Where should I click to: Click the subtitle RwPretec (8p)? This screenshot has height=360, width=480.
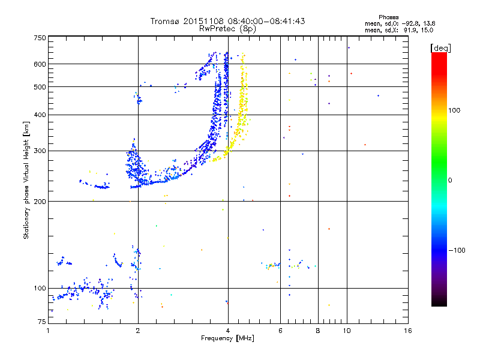227,29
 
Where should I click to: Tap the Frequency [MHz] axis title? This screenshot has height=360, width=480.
227,338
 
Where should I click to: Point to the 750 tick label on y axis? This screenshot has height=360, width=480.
40,38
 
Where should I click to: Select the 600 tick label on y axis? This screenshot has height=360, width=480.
40,64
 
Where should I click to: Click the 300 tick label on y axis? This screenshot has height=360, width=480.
40,151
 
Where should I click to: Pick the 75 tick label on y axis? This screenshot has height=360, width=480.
42,322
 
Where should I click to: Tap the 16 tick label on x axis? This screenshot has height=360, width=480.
408,331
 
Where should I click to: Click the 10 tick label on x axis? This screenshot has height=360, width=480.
347,331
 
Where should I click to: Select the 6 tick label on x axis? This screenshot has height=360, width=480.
280,331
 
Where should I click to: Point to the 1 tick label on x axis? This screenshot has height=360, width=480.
49,331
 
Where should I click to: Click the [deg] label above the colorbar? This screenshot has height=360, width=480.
440,48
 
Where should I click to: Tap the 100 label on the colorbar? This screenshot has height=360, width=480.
454,110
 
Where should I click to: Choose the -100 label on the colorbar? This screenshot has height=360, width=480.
457,250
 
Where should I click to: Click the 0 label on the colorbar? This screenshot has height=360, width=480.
450,181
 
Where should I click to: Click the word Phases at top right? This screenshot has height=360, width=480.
388,17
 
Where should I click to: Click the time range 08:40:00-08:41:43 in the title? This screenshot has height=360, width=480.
266,21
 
